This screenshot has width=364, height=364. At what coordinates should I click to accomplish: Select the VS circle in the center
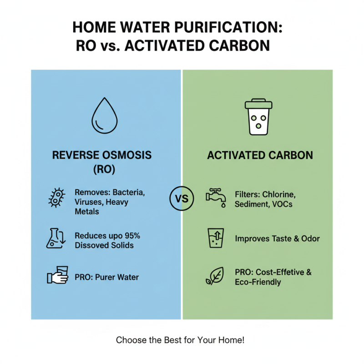pos(182,198)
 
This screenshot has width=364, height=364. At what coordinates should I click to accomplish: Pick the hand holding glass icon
pos(57,276)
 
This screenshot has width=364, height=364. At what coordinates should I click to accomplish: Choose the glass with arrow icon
pos(216,238)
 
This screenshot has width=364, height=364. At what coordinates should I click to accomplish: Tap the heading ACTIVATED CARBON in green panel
pos(260,155)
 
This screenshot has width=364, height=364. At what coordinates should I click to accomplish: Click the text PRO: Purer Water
pos(106,277)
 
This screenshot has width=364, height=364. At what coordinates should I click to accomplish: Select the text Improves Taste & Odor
pos(277,238)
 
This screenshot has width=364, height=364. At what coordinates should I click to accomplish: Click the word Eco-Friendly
pos(258,282)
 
